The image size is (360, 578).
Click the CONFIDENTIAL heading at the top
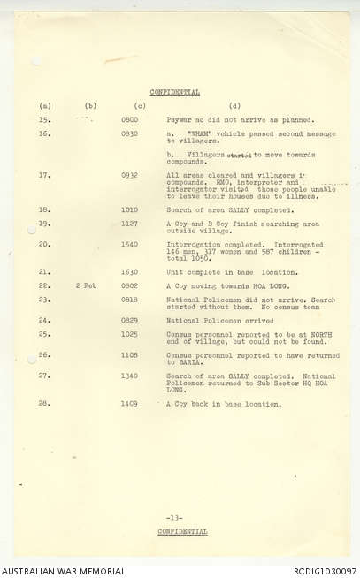175,92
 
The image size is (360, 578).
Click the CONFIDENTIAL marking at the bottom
183,531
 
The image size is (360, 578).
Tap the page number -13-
174,517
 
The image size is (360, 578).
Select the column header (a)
46,106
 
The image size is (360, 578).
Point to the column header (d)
234,106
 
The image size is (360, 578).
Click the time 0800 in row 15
129,119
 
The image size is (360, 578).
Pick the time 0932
129,175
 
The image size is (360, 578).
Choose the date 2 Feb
87,285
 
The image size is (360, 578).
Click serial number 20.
45,244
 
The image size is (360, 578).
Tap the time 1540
129,244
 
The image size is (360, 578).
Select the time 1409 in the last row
129,404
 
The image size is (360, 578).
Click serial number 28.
45,404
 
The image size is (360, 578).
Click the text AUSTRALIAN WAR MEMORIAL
53,571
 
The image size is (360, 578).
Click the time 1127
129,224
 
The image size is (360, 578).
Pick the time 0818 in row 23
129,300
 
